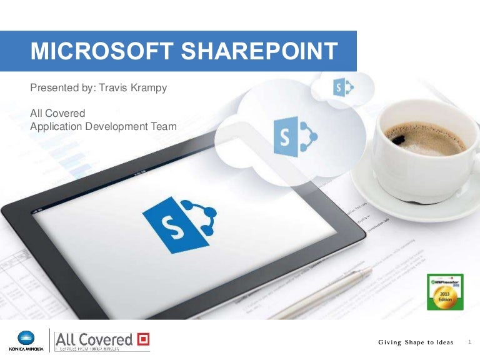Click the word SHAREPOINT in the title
point(257,51)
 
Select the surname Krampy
point(151,87)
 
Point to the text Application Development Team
point(103,126)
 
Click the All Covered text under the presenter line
point(57,114)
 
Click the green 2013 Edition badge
point(444,292)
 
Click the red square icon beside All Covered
point(143,339)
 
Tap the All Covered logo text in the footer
point(94,339)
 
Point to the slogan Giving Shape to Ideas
point(416,342)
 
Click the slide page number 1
point(469,342)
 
